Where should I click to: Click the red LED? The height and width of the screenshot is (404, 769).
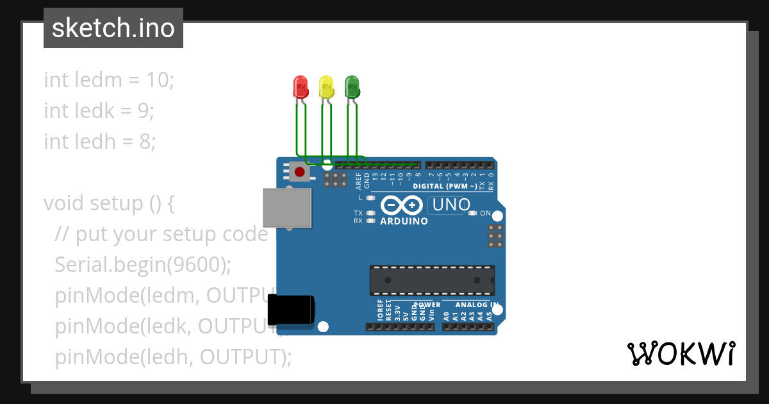tap(300, 86)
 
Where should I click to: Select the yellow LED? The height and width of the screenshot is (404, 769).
tap(326, 86)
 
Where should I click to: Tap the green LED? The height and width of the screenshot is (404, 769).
tap(352, 86)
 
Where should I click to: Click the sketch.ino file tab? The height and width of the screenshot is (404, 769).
tap(113, 28)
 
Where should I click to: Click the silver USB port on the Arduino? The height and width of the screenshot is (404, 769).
tap(286, 208)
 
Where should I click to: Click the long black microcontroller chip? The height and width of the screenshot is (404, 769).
tap(431, 280)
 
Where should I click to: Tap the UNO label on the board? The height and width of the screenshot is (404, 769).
tap(452, 205)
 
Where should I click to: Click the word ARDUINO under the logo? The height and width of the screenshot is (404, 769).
tap(404, 221)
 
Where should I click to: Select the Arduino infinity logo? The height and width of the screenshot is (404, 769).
tap(401, 205)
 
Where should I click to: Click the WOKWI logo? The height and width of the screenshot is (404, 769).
tap(681, 353)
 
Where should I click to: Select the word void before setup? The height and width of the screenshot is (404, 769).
tap(64, 203)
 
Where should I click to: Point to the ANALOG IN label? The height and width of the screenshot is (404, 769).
tap(477, 305)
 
